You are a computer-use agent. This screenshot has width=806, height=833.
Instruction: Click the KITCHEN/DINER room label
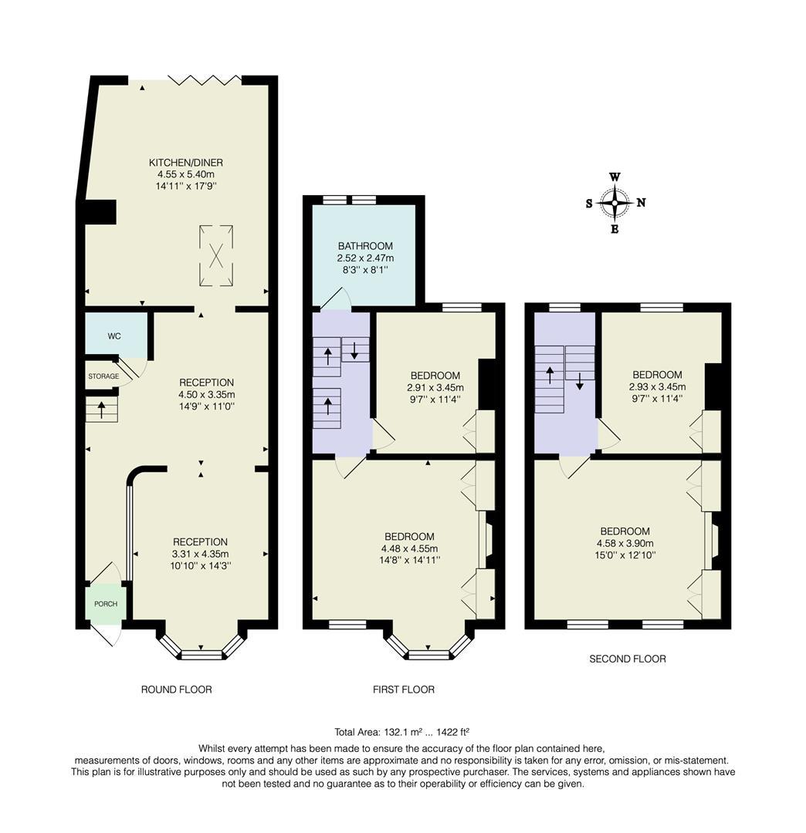185,163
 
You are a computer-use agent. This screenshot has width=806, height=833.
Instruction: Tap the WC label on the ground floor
114,336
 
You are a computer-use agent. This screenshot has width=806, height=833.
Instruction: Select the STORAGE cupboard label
103,376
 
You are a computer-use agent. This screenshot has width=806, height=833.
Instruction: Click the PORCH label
106,604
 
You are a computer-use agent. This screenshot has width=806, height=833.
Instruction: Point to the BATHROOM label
365,246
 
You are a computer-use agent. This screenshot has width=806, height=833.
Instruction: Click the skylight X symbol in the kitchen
216,255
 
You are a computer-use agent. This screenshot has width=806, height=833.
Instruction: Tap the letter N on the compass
642,202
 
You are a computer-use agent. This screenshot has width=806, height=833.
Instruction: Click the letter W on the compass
615,177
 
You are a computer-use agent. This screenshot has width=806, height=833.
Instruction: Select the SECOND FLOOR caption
628,659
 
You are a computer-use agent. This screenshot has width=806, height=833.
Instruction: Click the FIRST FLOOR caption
404,690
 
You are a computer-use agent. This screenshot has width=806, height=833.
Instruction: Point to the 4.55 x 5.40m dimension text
185,174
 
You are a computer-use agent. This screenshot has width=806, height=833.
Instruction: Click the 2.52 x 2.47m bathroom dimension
365,258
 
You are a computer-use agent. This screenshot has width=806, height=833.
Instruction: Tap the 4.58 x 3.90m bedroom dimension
625,544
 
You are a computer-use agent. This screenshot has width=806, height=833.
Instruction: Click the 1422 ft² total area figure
452,732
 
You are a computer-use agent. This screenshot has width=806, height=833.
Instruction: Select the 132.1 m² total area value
403,732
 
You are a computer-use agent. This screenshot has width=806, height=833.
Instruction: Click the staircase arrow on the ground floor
101,410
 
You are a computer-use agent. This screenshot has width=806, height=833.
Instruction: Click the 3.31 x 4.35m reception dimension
200,554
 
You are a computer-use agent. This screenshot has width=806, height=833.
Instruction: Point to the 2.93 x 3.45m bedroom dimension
657,386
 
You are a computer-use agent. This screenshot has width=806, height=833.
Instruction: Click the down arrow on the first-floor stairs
354,349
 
